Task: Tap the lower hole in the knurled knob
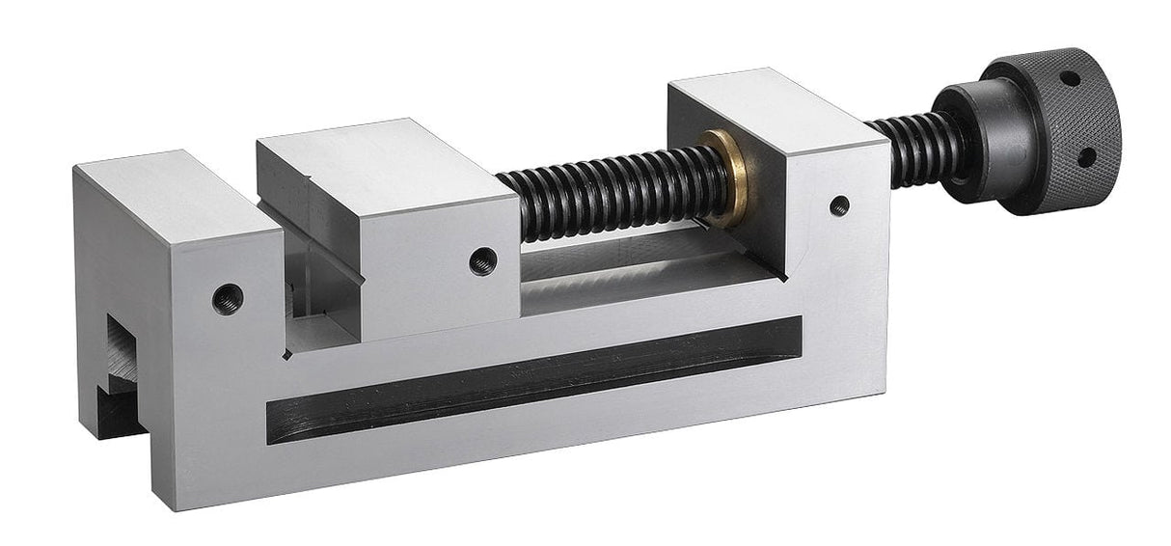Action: click(1086, 154)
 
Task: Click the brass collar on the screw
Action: click(725, 178)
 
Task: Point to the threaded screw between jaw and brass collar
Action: click(608, 193)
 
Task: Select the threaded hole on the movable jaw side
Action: click(482, 259)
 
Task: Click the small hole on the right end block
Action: click(839, 205)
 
